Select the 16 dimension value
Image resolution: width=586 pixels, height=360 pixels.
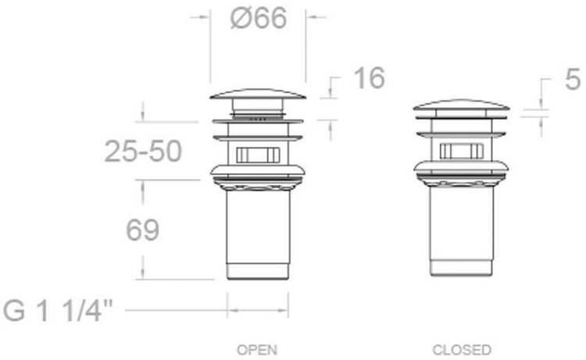pos(369,78)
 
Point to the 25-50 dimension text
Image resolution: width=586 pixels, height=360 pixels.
pos(143,151)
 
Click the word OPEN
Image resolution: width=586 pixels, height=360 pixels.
pos(257,349)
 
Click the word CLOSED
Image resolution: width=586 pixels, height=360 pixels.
pos(461,349)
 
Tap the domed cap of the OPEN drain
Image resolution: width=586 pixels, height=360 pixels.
pos(258,95)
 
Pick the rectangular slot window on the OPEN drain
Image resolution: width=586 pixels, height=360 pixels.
pos(258,155)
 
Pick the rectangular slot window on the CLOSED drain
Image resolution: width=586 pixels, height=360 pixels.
pos(461,151)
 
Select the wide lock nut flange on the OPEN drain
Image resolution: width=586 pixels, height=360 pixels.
pos(258,169)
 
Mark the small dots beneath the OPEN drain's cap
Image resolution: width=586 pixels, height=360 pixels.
pos(259,119)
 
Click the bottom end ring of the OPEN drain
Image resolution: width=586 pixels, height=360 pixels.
pos(258,273)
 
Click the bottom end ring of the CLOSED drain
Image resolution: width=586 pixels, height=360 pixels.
pos(461,269)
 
